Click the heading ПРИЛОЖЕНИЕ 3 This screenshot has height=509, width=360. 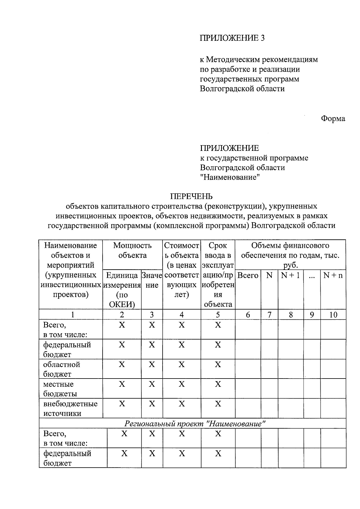click(232, 38)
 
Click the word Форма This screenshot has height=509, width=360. click(333, 118)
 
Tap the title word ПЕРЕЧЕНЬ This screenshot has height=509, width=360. click(191, 196)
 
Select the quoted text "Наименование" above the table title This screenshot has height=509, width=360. click(230, 177)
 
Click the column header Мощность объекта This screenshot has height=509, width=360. click(132, 250)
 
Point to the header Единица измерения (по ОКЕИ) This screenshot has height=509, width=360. click(122, 290)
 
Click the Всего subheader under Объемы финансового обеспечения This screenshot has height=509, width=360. click(248, 275)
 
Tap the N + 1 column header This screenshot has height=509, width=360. click(290, 275)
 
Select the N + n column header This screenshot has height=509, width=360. click(333, 275)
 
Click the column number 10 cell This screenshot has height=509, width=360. click(333, 315)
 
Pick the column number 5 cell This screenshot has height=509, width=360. click(218, 315)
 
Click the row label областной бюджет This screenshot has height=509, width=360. click(62, 369)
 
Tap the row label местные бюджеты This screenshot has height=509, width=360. click(60, 389)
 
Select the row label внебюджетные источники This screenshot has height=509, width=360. click(70, 409)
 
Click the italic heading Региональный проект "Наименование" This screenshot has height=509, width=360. click(195, 424)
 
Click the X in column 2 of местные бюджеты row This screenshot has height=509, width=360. click(122, 384)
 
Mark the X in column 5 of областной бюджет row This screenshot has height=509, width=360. click(218, 365)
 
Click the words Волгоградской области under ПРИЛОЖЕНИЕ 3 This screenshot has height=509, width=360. click(242, 89)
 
